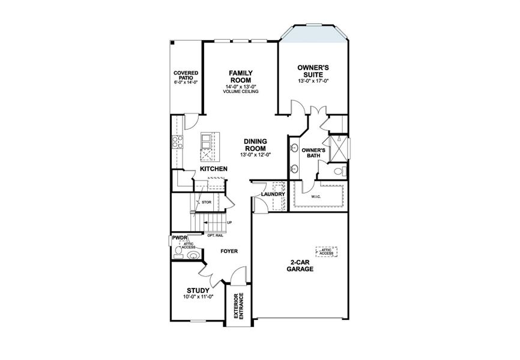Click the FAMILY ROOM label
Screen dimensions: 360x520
pos(240,76)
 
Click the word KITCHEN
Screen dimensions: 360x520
pos(214,169)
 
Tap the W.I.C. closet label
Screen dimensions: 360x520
pos(316,196)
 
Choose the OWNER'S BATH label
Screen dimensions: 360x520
pos(313,152)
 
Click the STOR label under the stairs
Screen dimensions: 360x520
pos(205,203)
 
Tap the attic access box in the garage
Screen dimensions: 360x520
pos(327,252)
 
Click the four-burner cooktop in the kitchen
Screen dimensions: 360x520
pos(178,142)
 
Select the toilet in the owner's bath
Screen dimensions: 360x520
pos(339,172)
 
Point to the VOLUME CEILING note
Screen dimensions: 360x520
pos(240,92)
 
